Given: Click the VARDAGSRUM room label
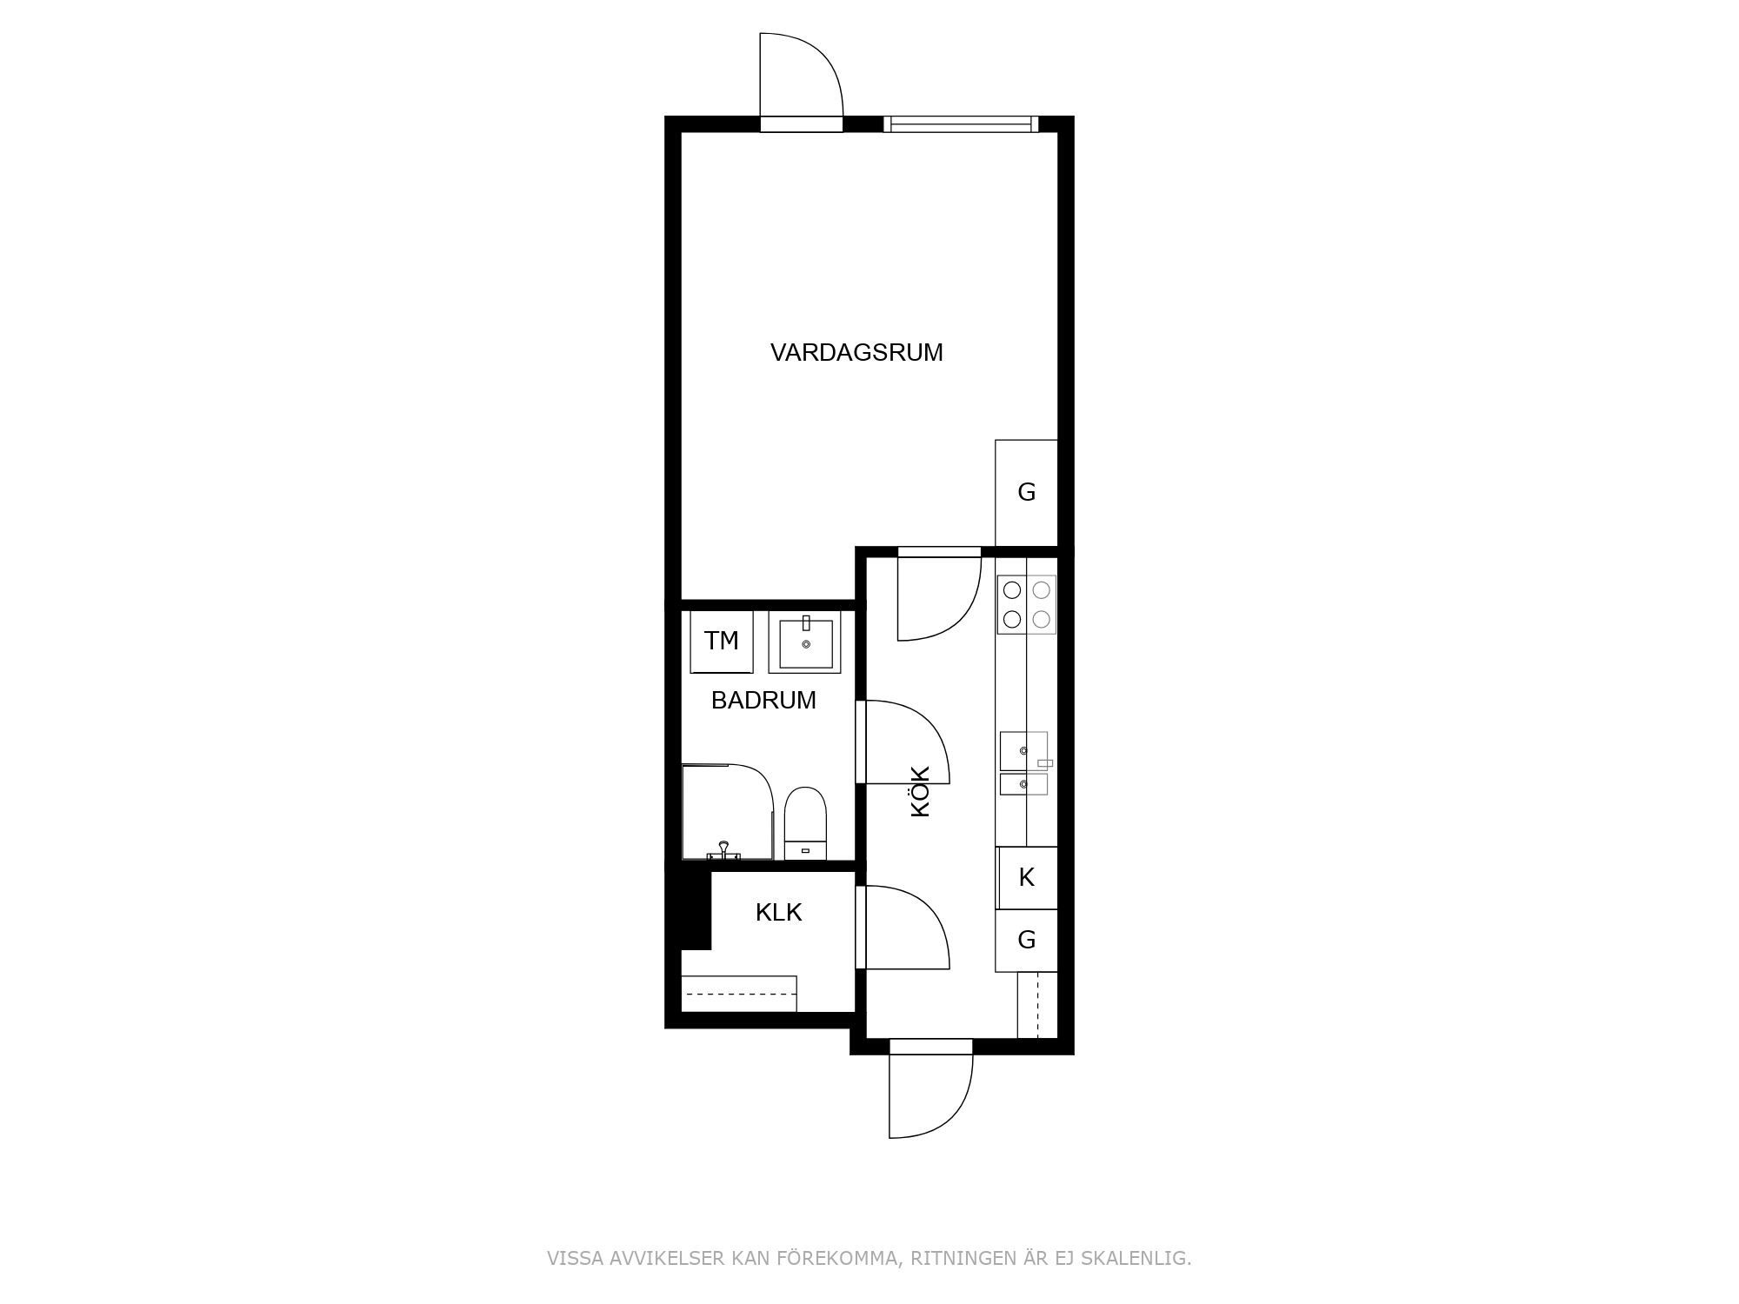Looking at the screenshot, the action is point(856,352).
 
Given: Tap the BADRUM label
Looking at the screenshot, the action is point(763,700).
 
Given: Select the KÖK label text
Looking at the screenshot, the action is point(920,790).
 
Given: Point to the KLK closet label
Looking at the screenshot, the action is point(778,912).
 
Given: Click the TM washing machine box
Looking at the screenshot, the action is point(722,642).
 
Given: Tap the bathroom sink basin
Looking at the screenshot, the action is point(805,642).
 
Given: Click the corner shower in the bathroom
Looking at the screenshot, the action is point(727,812).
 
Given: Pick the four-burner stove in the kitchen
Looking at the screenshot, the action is point(1026,604).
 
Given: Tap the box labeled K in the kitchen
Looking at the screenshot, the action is point(1026,878).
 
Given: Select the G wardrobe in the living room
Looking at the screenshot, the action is point(1026,493).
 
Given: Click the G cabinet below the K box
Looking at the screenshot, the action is point(1026,941).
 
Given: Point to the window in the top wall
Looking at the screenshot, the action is point(961,124).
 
